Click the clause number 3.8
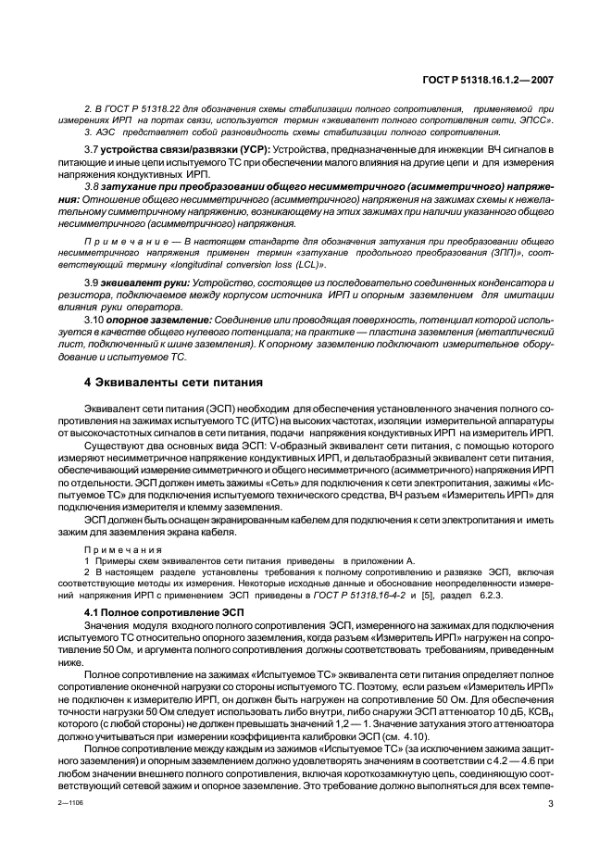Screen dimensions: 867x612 pyautogui.click(x=93, y=187)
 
